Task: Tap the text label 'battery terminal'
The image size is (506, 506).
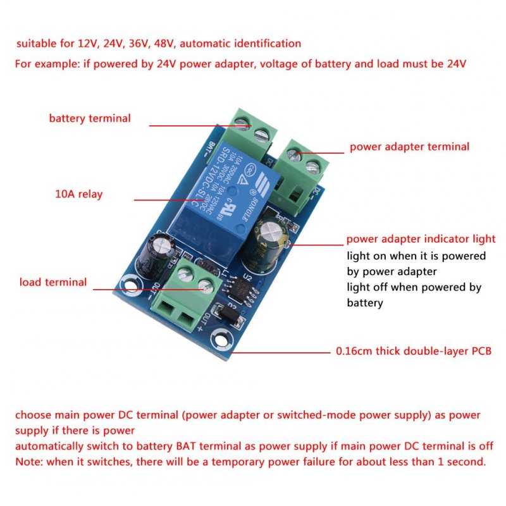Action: tap(90, 118)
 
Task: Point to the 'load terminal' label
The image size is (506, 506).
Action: tap(53, 282)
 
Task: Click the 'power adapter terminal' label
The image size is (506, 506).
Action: tap(409, 147)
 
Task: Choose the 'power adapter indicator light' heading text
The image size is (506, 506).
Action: tap(421, 239)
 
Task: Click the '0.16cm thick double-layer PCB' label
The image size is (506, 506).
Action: tap(412, 351)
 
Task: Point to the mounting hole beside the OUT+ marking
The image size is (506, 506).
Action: tap(220, 338)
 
